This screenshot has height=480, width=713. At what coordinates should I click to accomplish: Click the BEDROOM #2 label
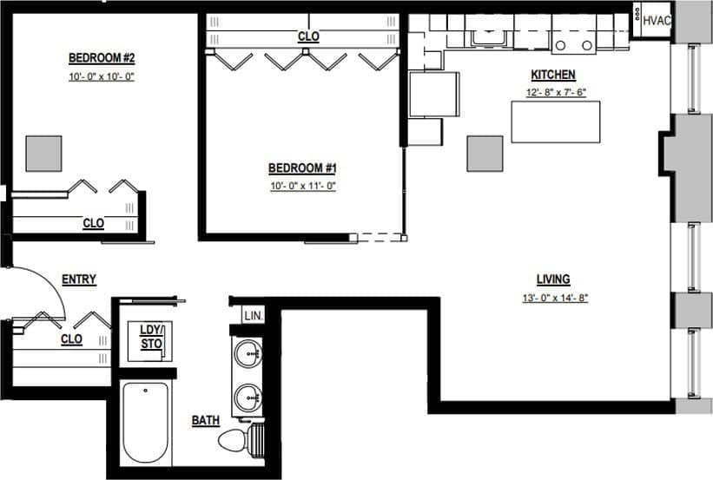pos(102,58)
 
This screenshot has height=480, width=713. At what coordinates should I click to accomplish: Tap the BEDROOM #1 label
pos(301,168)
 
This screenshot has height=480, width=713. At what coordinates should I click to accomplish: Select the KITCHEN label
pos(553,75)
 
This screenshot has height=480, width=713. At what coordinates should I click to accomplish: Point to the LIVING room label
pos(552,279)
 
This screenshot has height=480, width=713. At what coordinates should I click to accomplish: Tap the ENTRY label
pos(78,279)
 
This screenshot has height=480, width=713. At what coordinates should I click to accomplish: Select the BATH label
pos(206,421)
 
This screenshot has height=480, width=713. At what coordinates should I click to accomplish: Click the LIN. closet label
pos(254,315)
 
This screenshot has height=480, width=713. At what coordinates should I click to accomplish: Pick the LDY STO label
pos(152,337)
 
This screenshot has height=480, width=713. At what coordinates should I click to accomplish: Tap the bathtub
pos(145,425)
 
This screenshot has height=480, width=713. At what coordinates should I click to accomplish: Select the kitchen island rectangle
pos(556,122)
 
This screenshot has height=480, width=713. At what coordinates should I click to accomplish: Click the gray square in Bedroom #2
pos(43,153)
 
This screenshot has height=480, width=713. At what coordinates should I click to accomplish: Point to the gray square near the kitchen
pos(485,153)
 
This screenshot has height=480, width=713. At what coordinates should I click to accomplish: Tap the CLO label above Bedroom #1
pos(308,36)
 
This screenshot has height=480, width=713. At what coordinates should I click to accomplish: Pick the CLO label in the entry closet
pos(72,339)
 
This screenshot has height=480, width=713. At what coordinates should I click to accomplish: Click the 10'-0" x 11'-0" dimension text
pos(301,185)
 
